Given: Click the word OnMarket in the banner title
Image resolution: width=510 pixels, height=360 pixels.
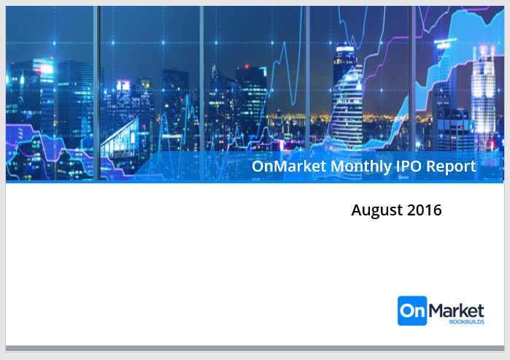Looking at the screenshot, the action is point(289,166).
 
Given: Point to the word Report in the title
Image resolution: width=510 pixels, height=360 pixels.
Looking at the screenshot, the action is point(451,166).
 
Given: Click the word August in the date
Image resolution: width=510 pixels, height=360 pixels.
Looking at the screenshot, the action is point(377,210).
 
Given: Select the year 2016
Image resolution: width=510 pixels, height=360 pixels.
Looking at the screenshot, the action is point(425,210).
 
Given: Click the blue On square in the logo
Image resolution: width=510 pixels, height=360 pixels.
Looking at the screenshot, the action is point(412,310).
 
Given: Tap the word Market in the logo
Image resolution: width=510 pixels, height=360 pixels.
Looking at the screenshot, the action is point(456,310).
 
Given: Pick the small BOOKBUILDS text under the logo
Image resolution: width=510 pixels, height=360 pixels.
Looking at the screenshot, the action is point(467,322).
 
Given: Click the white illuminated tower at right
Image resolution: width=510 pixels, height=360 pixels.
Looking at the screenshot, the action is point(483,98).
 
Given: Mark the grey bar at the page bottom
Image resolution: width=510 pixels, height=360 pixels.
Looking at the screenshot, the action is point(255,348).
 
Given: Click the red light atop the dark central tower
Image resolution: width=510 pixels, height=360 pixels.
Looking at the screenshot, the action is point(247,66).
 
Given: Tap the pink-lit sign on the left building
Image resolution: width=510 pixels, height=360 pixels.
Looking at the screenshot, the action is point(47,69).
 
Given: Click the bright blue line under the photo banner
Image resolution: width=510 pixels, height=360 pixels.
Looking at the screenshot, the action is point(255,182).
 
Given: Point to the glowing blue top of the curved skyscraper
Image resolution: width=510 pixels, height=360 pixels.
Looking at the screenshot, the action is point(345,49).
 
